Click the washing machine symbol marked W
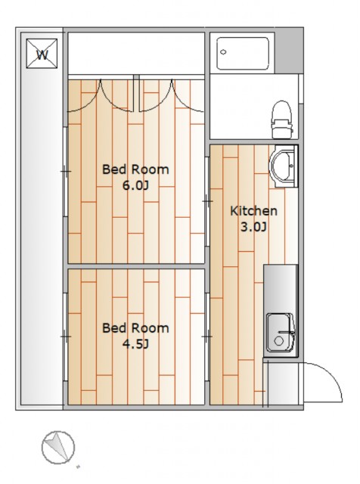(x=42, y=54)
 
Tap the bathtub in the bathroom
(x=243, y=54)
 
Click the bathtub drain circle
(x=223, y=52)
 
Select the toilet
(x=281, y=119)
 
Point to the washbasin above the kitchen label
(x=283, y=166)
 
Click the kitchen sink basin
(x=280, y=333)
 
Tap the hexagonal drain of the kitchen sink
(x=279, y=341)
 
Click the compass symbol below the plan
(x=58, y=447)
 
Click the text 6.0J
(x=136, y=186)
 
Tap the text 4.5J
(x=136, y=344)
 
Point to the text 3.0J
(x=253, y=227)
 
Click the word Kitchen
(x=254, y=211)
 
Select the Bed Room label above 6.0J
(x=135, y=169)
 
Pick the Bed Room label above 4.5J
(x=135, y=327)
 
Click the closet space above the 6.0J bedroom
(x=136, y=53)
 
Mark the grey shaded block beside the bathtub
(x=289, y=51)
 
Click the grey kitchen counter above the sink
(x=281, y=289)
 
